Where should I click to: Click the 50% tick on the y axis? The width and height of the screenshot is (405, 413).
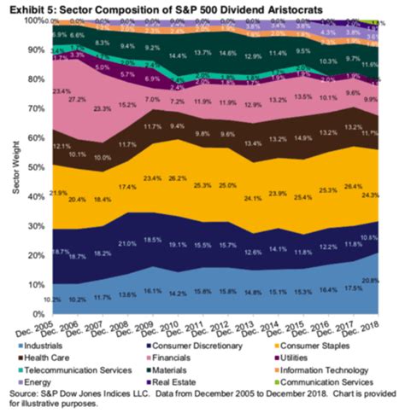pos(37,168)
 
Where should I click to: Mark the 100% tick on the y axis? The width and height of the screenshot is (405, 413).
pos(35,19)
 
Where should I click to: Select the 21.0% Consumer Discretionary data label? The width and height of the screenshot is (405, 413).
pos(127,243)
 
